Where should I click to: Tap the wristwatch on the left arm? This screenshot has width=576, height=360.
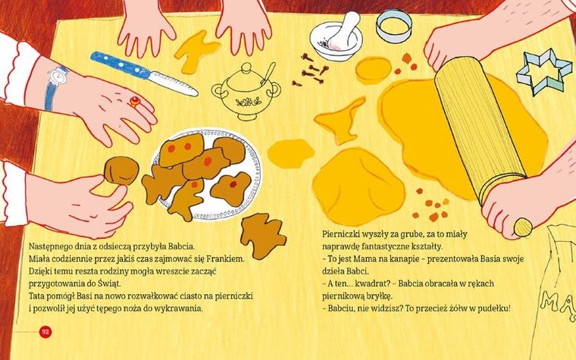coord(57,78)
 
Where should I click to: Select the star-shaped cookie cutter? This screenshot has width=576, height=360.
coord(544,73)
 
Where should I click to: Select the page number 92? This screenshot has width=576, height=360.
coord(45,331)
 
